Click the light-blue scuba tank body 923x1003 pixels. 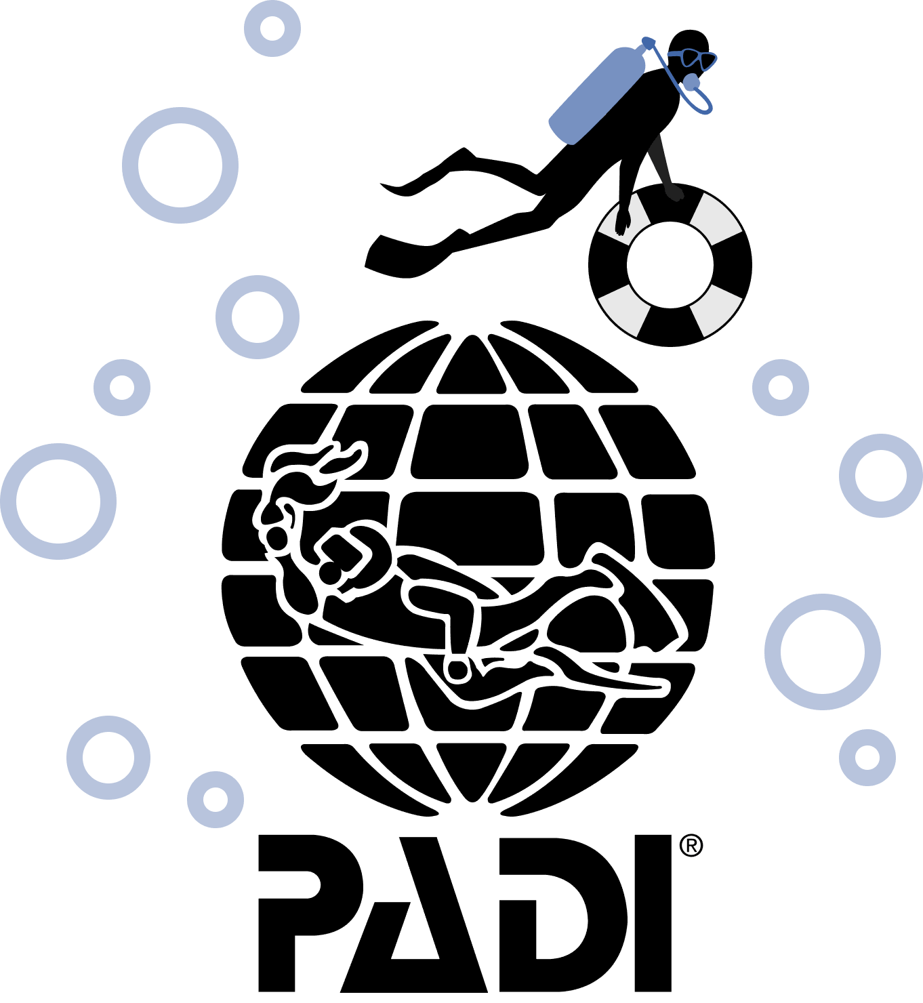[596, 95]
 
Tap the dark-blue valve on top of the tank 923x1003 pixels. [648, 43]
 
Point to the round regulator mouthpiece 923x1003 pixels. [691, 83]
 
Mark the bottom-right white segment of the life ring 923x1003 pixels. [716, 310]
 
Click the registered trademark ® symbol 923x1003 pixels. [691, 845]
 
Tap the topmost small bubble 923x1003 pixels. [272, 28]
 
